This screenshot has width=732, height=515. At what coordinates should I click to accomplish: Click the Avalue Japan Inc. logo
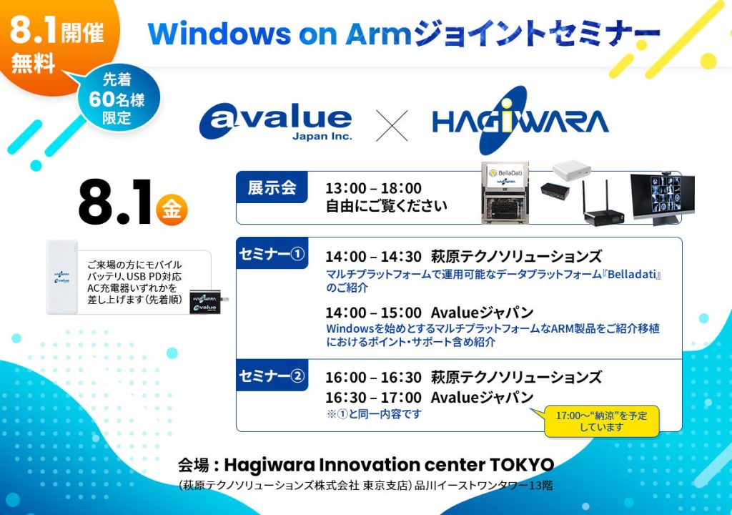tap(275, 121)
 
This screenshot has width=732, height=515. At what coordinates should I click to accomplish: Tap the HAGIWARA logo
tap(520, 121)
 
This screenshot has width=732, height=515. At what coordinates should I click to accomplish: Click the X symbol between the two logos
tap(392, 126)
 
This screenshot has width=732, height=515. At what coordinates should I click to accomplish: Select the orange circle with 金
tap(172, 210)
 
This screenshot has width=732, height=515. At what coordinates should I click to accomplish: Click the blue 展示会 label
tap(272, 187)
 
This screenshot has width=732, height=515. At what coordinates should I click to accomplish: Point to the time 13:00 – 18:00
tap(373, 188)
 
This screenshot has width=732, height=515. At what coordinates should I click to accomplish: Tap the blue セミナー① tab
tap(272, 254)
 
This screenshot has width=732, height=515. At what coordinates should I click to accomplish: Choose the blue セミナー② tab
tap(272, 376)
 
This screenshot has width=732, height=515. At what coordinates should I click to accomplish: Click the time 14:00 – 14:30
tap(373, 256)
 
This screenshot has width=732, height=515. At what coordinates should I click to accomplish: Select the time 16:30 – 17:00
tap(373, 397)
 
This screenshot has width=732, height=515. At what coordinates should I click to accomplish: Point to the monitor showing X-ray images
tap(662, 197)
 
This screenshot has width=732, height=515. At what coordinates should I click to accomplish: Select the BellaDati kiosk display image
tap(505, 192)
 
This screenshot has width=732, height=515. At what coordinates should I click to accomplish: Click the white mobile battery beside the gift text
tap(61, 278)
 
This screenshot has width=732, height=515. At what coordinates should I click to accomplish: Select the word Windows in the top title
tap(219, 34)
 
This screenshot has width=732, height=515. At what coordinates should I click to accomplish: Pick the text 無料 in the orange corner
tap(33, 64)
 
